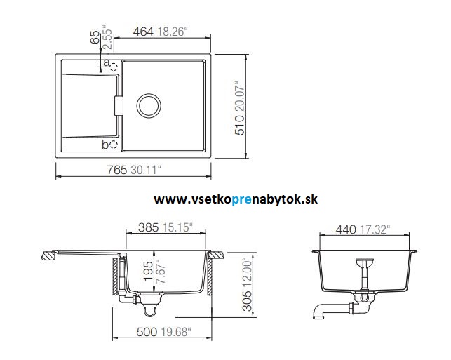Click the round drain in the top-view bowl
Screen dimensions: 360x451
pyautogui.click(x=149, y=105)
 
